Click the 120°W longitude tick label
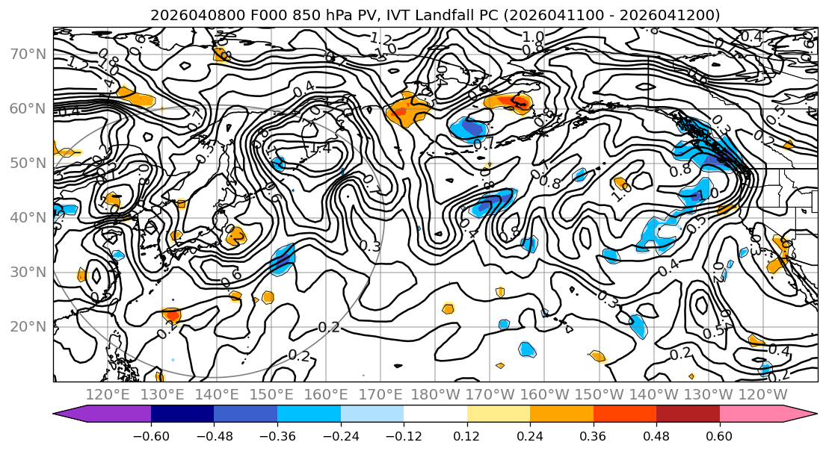pos(762,394)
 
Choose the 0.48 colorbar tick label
pos(656,436)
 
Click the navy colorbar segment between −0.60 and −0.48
pos(182,414)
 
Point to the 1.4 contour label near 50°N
pos(319,149)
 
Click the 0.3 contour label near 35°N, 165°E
pos(370,246)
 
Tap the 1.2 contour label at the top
pos(380,39)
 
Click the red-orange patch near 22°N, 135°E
pos(172,316)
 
